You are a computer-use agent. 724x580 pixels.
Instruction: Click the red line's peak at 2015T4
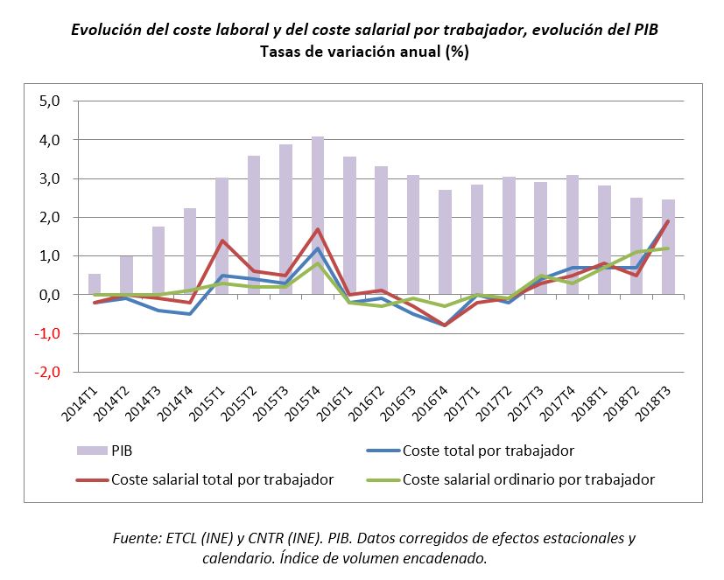click(318, 229)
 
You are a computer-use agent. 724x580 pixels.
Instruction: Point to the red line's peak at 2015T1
click(222, 241)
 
